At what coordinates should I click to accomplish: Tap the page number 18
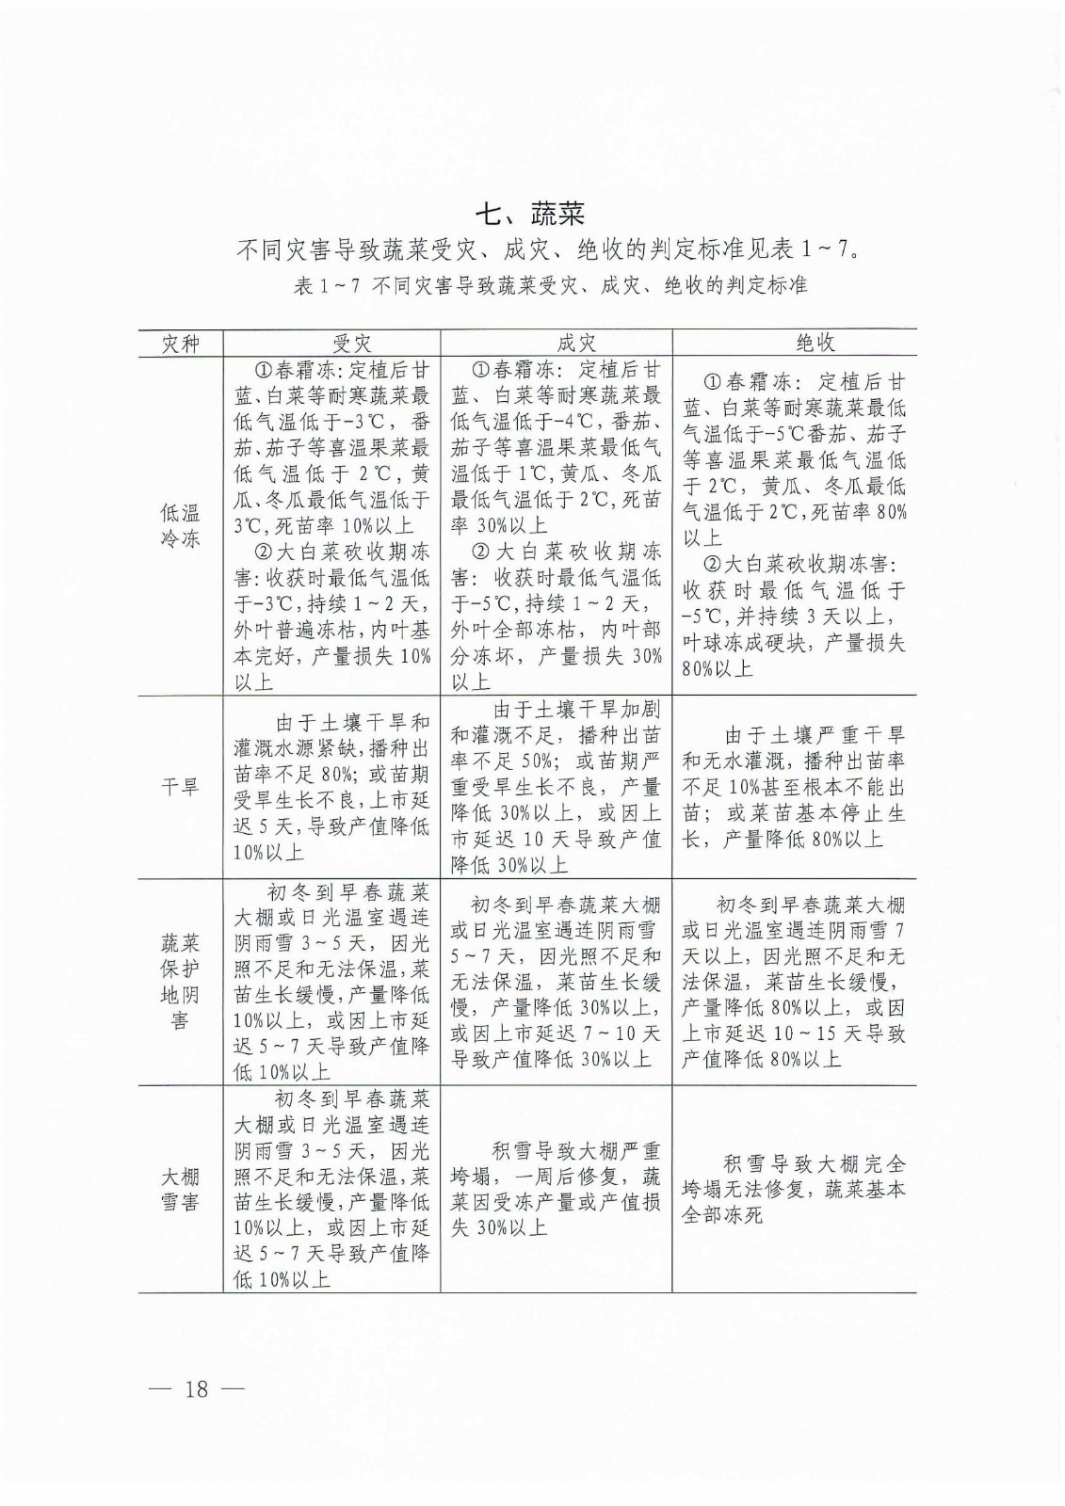coord(197,1390)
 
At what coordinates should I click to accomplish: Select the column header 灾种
coord(180,344)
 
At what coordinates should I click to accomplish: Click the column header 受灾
coord(331,344)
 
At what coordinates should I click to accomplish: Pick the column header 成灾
coord(556,344)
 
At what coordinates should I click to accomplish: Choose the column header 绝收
coord(794,344)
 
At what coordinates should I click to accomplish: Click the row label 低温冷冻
coord(180,525)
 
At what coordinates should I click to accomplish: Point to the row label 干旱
coord(180,787)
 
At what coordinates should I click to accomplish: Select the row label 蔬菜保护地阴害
coord(180,981)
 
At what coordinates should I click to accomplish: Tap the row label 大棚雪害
coord(180,1188)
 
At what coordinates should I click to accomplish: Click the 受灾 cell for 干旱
coord(331,787)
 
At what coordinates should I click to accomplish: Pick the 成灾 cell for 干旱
coord(556,787)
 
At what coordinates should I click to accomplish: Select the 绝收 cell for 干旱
coord(794,787)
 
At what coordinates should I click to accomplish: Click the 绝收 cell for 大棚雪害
coord(794,1188)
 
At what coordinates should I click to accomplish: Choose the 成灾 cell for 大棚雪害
coord(556,1188)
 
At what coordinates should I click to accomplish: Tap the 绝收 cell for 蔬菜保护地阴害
coord(794,981)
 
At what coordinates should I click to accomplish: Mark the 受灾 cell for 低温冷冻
coord(331,525)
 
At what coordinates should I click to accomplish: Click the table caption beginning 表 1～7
coord(550,284)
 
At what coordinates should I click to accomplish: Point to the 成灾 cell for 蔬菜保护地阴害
coord(556,981)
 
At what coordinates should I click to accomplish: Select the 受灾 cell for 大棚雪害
coord(331,1188)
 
